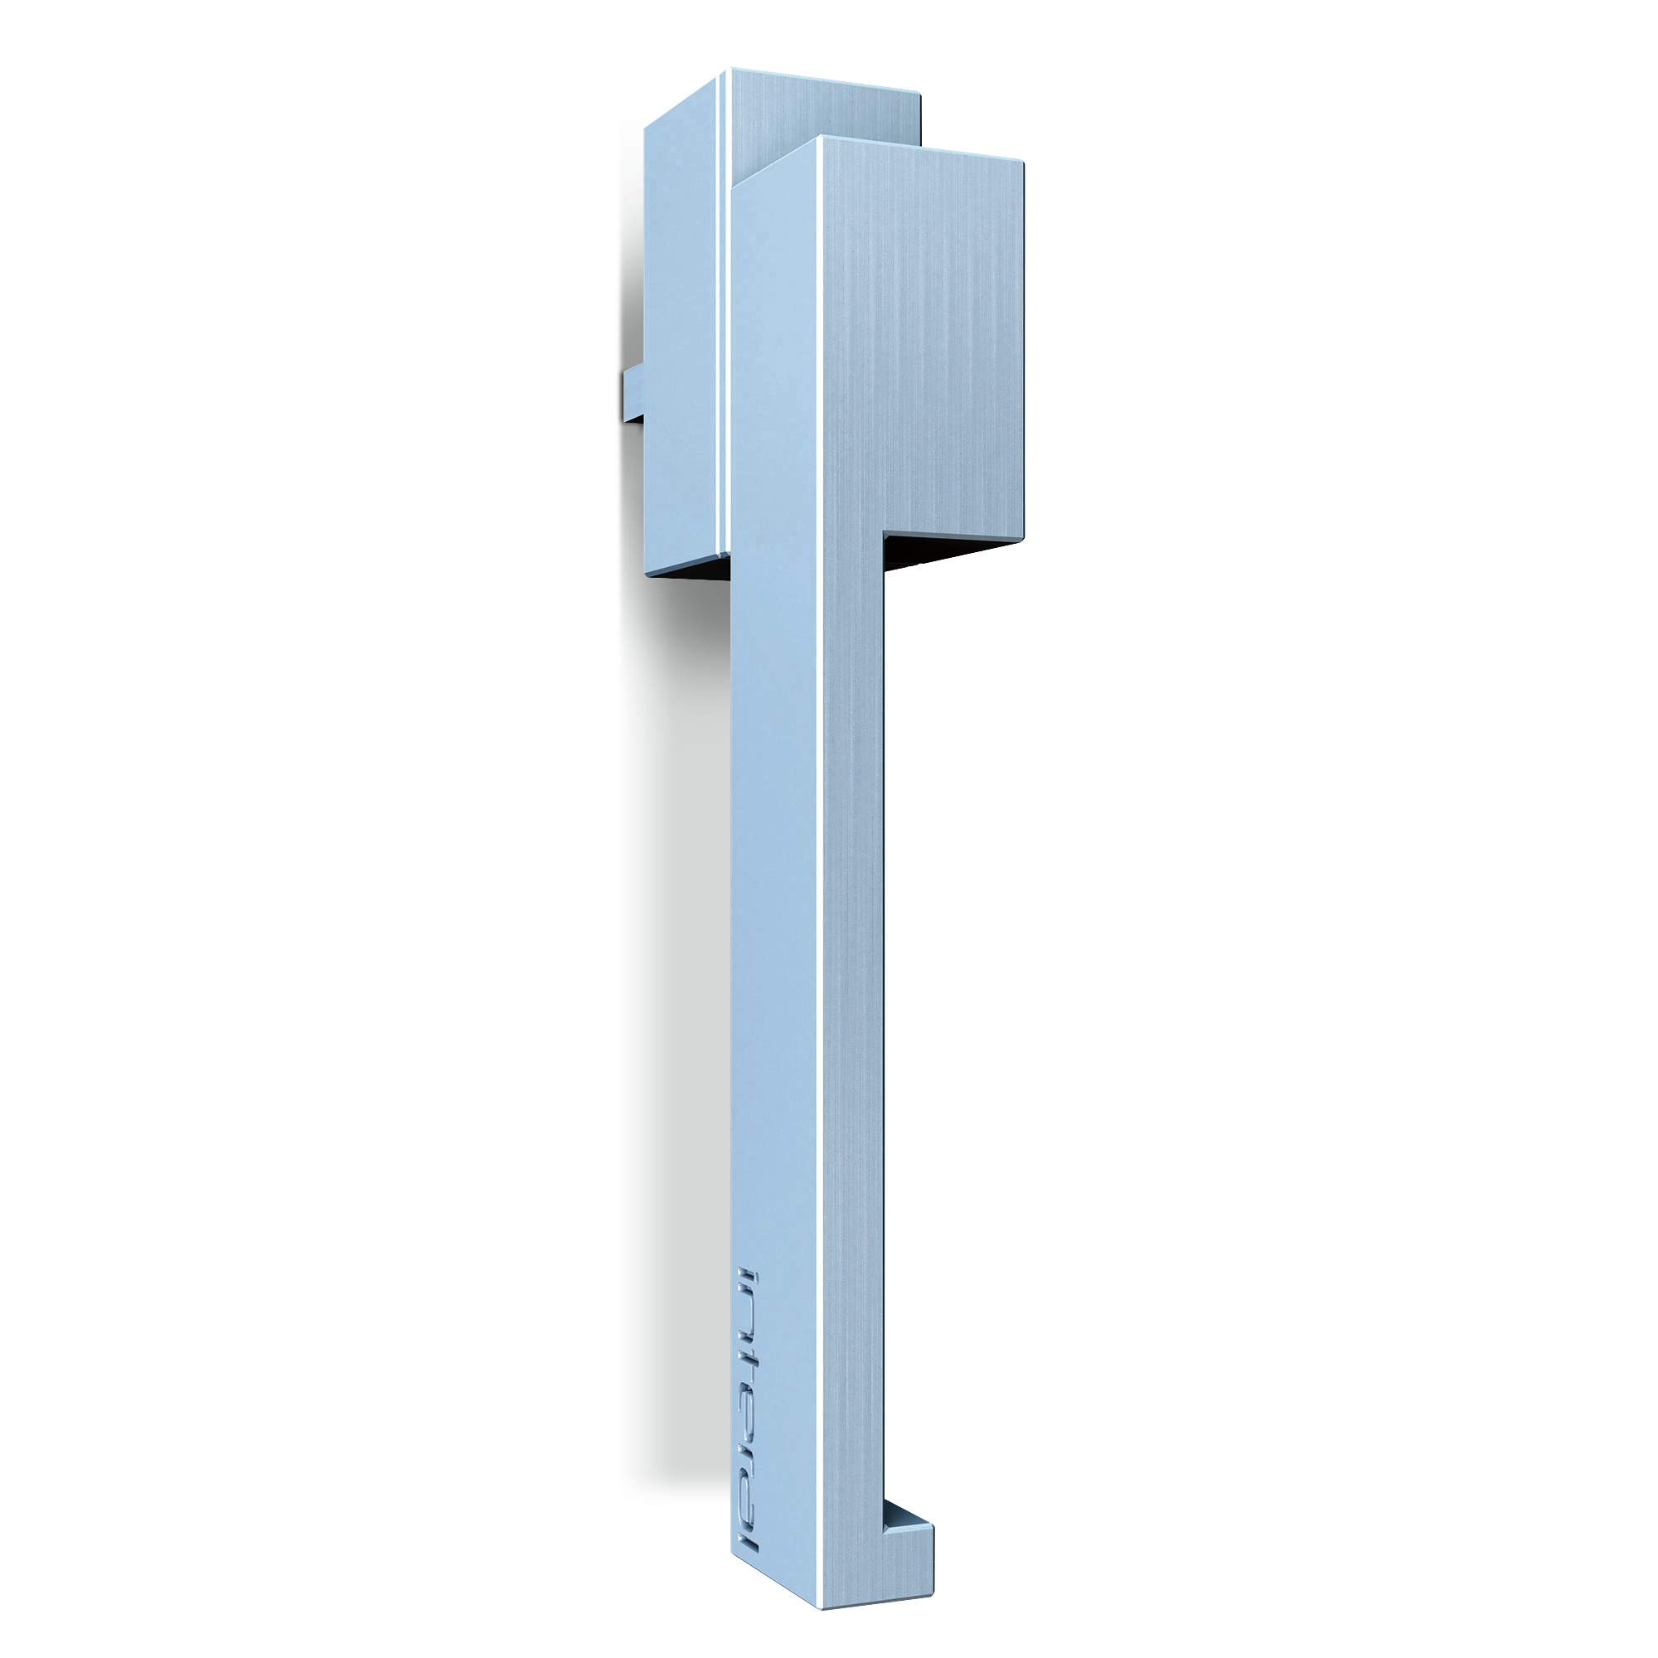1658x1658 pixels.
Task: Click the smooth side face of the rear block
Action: tap(678, 343)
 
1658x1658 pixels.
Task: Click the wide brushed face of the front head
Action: tap(927, 343)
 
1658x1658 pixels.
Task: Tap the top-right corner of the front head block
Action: tap(1021, 163)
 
